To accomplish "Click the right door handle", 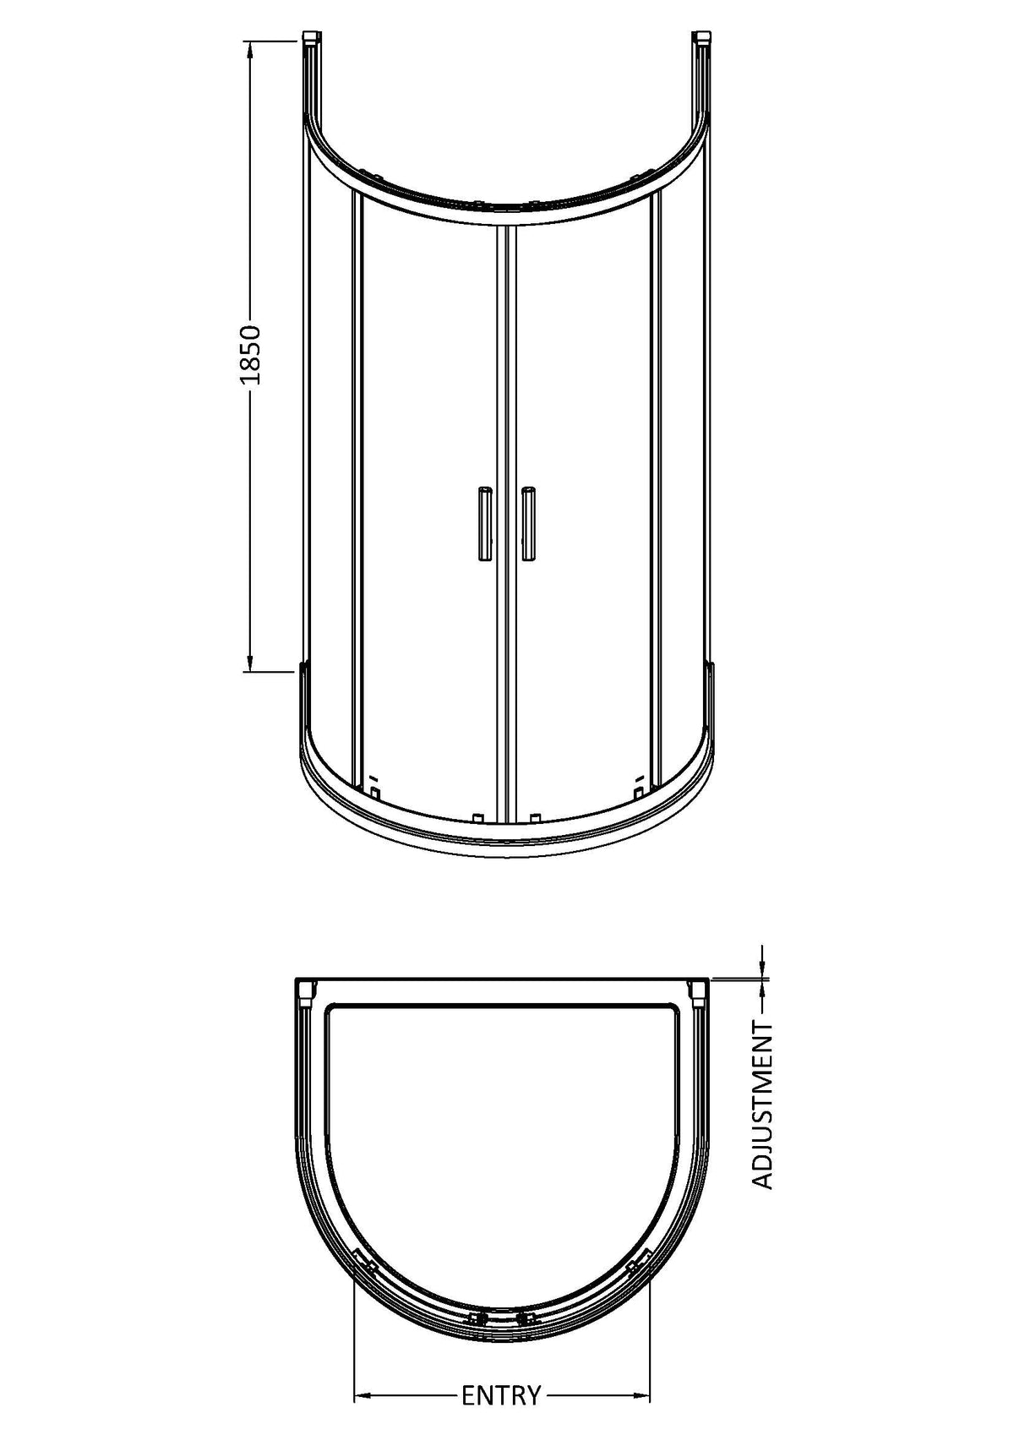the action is (528, 524).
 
